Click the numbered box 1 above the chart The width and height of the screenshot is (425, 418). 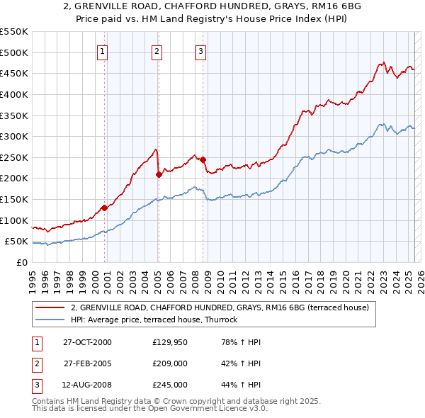pyautogui.click(x=103, y=50)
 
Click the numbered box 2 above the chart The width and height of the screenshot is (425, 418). pyautogui.click(x=156, y=50)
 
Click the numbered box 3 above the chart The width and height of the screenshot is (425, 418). pyautogui.click(x=200, y=50)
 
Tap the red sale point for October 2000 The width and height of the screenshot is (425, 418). pyautogui.click(x=104, y=208)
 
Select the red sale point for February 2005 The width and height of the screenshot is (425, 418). pyautogui.click(x=159, y=174)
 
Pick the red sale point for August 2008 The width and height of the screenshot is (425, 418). pyautogui.click(x=203, y=159)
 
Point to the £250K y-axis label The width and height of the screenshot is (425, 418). pyautogui.click(x=14, y=157)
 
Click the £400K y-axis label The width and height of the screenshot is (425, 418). pyautogui.click(x=14, y=94)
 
